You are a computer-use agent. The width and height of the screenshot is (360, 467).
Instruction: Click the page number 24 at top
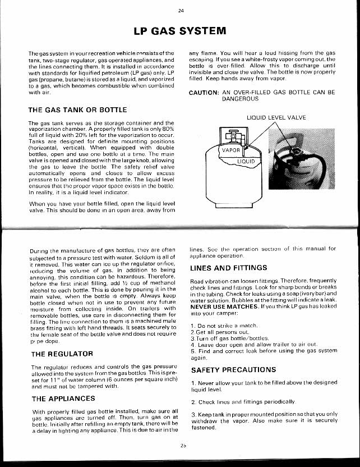[x=181, y=10]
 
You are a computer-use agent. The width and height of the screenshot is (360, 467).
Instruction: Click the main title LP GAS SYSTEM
[x=179, y=30]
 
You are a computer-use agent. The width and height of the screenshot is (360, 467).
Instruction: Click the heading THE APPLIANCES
[x=63, y=399]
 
